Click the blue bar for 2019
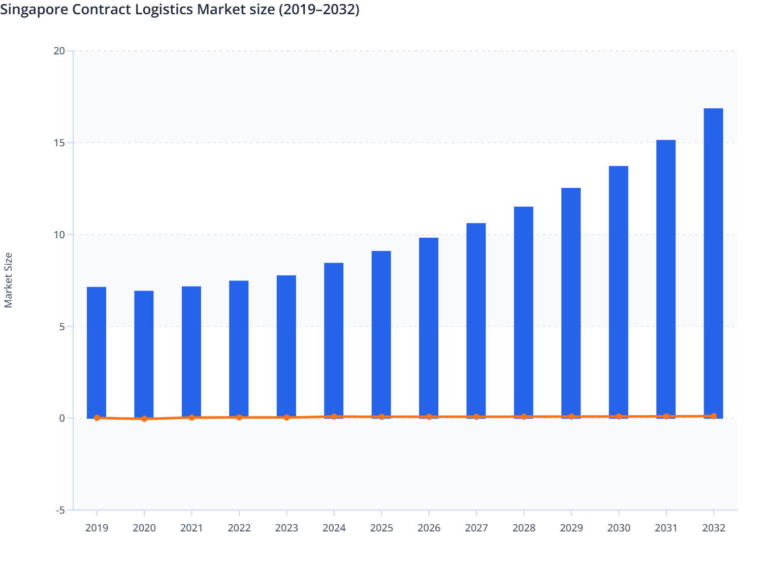coord(97,353)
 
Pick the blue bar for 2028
coord(523,312)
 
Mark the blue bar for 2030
coord(618,292)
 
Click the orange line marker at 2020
coord(144,419)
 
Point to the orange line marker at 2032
coord(713,416)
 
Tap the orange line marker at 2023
coord(286,418)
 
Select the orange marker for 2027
coord(476,417)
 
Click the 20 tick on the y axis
coord(59,51)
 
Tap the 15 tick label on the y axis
coord(59,143)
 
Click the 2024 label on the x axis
coord(334,528)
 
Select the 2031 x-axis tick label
coord(665,528)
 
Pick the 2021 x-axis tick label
coord(191,528)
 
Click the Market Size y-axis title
coord(8,280)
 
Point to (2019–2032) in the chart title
coord(319,10)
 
